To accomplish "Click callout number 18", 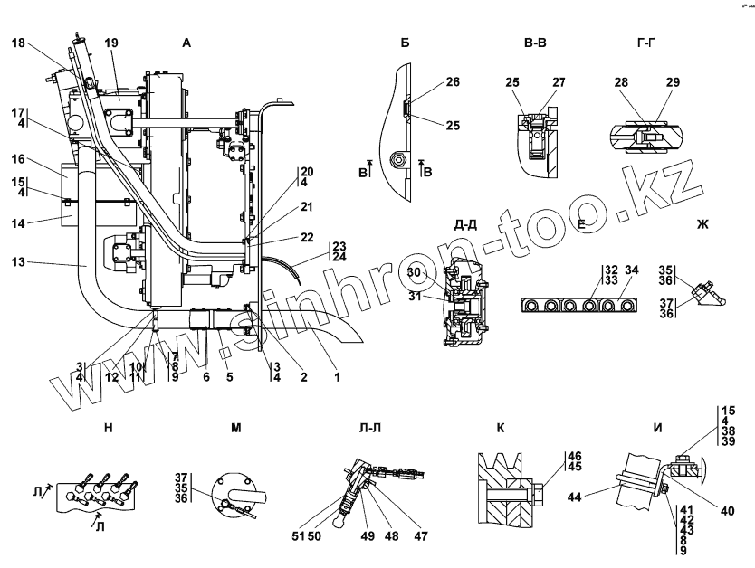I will pyautogui.click(x=19, y=43).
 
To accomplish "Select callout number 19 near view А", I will pyautogui.click(x=111, y=43).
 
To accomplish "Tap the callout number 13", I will pyautogui.click(x=19, y=263).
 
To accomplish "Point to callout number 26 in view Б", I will pyautogui.click(x=453, y=82).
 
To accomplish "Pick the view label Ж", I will pyautogui.click(x=702, y=225).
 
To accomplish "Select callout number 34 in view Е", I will pyautogui.click(x=632, y=270).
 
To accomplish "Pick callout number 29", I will pyautogui.click(x=673, y=82).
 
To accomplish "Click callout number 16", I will pyautogui.click(x=19, y=158).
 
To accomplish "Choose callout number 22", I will pyautogui.click(x=308, y=237).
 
